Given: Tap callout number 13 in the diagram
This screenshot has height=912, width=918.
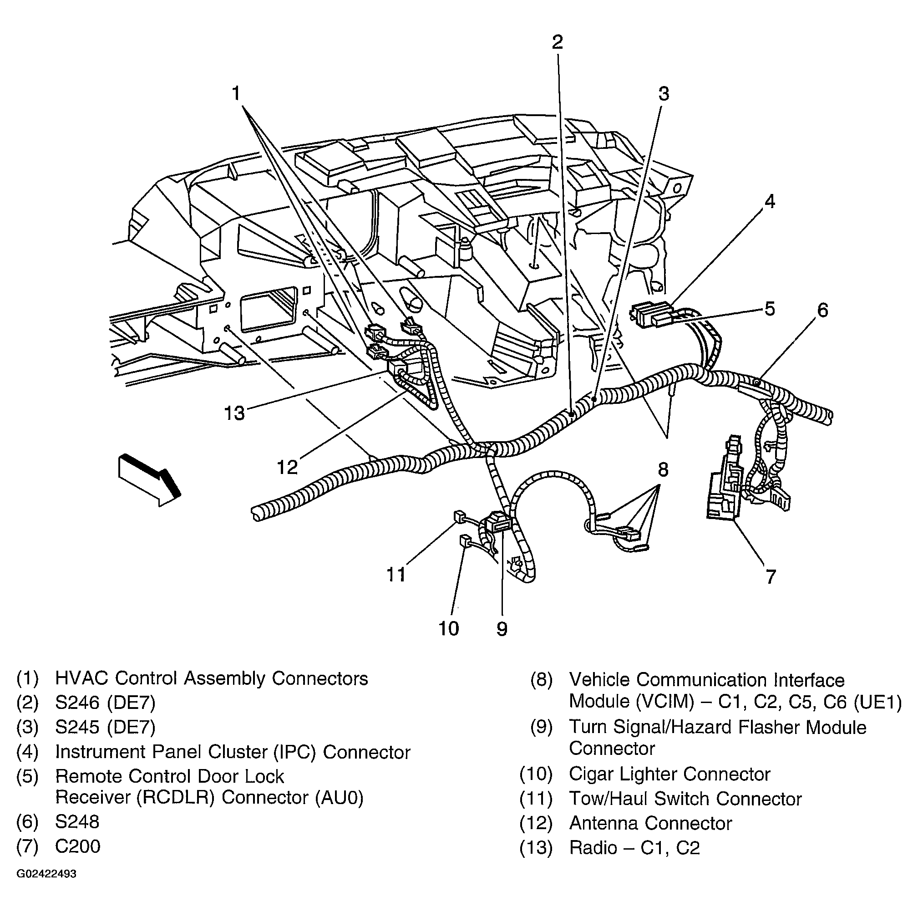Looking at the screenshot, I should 234,413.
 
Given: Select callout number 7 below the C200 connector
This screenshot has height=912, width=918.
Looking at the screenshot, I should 770,576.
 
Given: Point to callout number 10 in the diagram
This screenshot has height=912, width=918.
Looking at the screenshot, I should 449,628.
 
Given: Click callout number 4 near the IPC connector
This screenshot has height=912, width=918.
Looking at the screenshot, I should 769,202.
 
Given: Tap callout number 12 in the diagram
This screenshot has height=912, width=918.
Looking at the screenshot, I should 288,467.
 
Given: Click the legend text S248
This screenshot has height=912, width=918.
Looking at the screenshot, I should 77,822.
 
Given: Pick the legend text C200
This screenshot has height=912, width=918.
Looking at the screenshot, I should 78,846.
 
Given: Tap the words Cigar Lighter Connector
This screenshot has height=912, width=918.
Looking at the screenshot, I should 669,774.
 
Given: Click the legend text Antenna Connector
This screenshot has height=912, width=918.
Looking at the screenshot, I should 650,824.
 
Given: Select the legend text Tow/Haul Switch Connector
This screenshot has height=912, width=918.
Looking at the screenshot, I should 685,799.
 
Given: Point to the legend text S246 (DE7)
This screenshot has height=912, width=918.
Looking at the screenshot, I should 105,703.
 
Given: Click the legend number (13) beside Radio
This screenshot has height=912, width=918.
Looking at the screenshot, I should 536,848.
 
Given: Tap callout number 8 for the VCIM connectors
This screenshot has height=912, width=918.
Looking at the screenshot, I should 663,469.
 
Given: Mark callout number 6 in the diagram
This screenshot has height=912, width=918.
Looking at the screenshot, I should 822,310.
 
